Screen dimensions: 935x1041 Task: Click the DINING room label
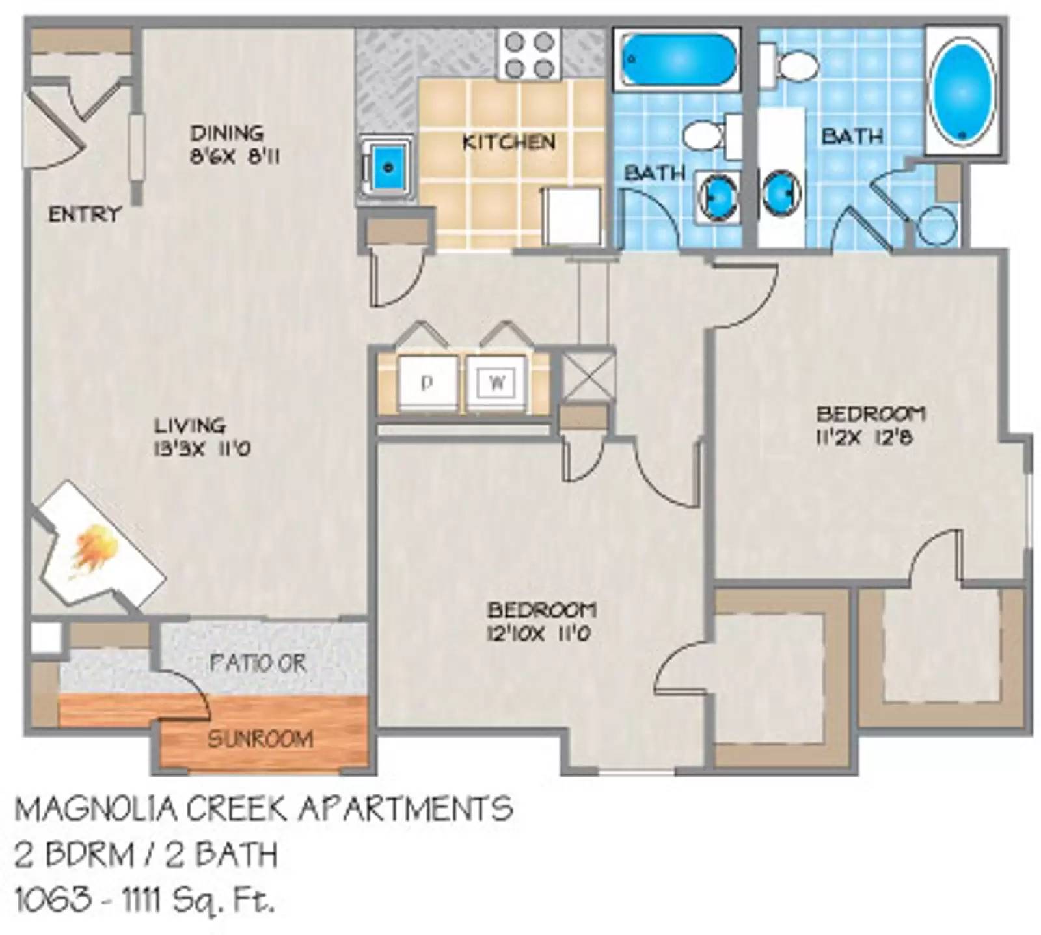(x=226, y=133)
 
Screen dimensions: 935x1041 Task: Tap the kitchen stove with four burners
(x=530, y=55)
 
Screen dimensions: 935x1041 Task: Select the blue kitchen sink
(x=388, y=167)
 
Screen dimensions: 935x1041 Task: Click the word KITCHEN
(x=508, y=142)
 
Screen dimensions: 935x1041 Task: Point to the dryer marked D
(x=426, y=384)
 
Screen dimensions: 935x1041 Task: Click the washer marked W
(x=497, y=384)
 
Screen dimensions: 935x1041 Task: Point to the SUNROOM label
(x=260, y=739)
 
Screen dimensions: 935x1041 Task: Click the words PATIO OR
(x=258, y=663)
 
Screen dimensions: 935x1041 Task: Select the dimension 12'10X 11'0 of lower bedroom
(x=538, y=633)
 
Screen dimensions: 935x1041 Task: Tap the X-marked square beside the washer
(x=587, y=376)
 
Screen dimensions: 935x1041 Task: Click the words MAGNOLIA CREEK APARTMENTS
(x=264, y=809)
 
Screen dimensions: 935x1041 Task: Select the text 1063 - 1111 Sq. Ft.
(x=144, y=902)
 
